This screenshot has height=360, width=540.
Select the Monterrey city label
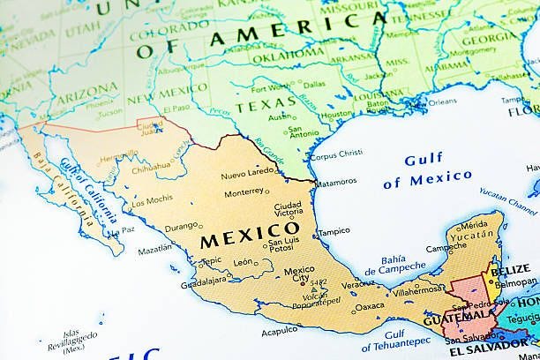tap(244, 191)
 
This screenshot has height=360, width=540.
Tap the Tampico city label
tap(334, 231)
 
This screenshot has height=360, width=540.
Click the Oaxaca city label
tap(370, 307)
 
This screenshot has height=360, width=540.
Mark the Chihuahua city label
tap(151, 165)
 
